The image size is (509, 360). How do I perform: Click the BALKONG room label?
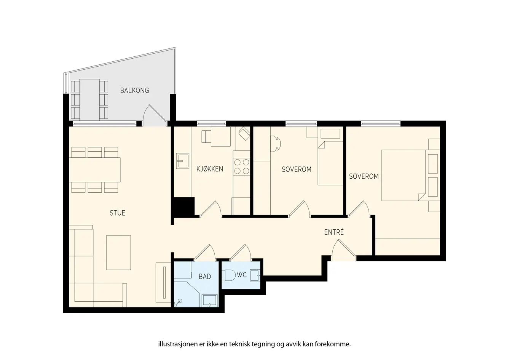[134, 91]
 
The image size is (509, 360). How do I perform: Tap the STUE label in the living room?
[118, 213]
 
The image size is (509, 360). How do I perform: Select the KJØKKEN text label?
[210, 169]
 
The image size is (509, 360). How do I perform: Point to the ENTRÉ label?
[334, 232]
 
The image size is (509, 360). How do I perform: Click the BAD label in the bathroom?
[205, 277]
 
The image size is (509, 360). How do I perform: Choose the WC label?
[241, 275]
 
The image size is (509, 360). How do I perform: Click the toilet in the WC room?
[229, 275]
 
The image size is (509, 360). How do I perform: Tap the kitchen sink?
[183, 161]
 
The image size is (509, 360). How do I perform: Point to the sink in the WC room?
[255, 276]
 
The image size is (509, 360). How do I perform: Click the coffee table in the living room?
[118, 253]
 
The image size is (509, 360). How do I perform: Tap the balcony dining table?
[89, 99]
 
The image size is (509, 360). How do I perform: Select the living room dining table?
[95, 170]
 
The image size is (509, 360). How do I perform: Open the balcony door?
[155, 115]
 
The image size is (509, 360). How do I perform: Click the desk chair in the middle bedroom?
[275, 144]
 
